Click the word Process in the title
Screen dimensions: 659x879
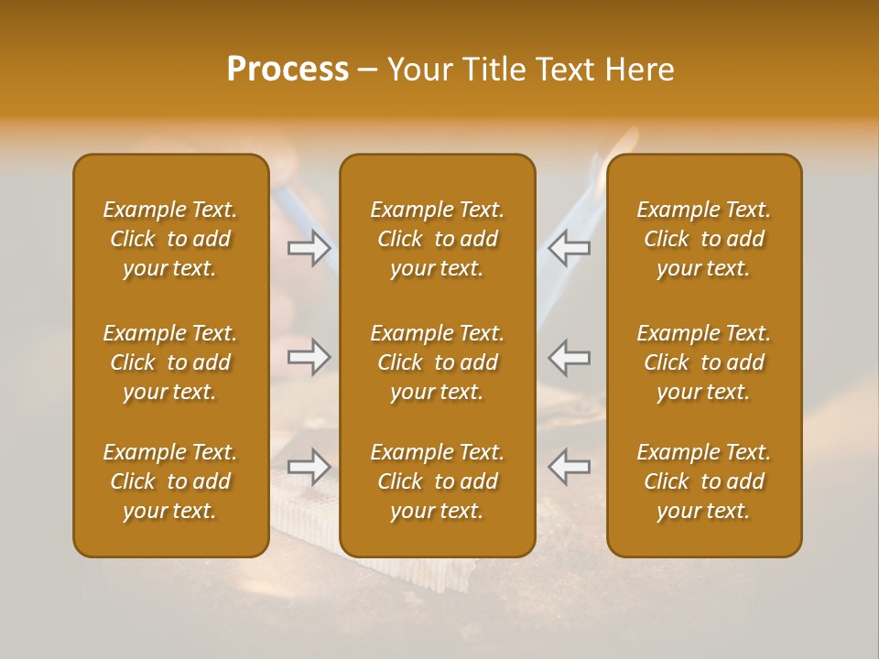coord(288,70)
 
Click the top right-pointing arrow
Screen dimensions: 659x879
coord(309,248)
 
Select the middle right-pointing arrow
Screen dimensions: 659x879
coord(309,356)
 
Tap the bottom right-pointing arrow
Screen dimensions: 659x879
coord(309,466)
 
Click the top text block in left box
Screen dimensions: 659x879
coord(170,239)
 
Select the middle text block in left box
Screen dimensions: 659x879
coord(170,362)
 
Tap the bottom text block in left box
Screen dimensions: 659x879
coord(170,481)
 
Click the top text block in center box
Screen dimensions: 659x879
coord(438,239)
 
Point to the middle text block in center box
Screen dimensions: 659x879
coord(438,362)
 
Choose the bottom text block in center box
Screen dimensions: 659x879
coord(438,481)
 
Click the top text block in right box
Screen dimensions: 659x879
coord(704,239)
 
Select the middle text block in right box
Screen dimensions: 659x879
coord(704,362)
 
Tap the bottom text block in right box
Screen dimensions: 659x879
coord(704,481)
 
